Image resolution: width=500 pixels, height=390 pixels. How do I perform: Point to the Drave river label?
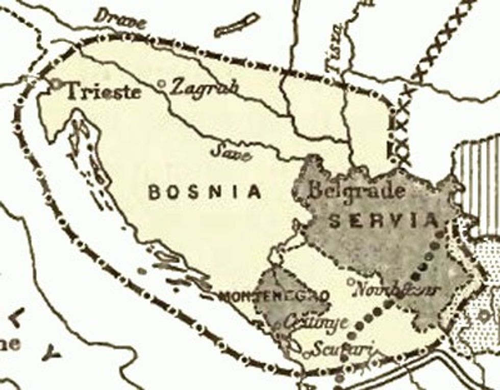[120, 20]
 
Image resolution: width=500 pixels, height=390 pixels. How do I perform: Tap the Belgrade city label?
[357, 191]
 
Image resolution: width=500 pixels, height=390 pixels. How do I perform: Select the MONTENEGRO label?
[273, 296]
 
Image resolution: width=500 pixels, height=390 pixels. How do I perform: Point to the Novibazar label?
[396, 289]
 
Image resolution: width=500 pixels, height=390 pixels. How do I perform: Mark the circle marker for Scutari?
[307, 353]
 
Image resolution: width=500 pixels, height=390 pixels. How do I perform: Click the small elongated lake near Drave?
[237, 26]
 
